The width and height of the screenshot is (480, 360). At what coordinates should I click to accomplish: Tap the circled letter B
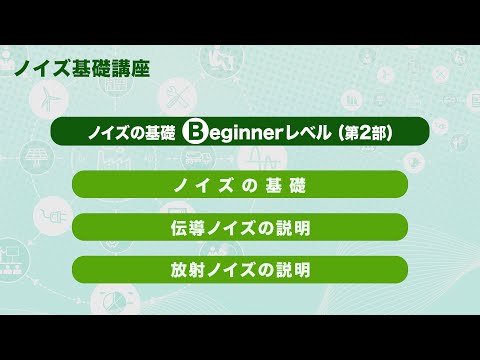197,132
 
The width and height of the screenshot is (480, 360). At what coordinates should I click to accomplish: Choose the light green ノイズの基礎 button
240,184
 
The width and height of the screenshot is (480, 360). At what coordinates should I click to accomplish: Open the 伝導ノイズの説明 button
240,227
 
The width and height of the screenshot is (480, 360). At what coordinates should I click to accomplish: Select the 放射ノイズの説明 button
240,269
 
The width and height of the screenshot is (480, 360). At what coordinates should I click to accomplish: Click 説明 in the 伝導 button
292,227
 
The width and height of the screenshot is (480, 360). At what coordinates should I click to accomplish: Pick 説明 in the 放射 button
292,269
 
